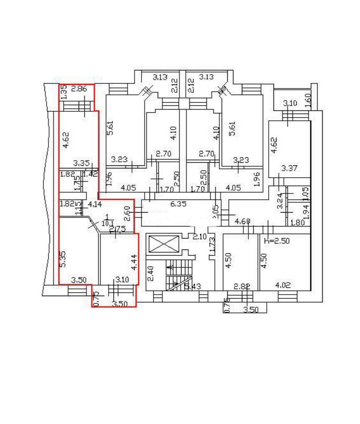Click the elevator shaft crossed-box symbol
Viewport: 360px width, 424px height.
(164, 244)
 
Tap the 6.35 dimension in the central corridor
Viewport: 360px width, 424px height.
(178, 203)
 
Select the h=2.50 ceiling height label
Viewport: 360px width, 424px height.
(277, 241)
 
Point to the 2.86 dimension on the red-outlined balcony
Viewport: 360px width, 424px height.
(79, 89)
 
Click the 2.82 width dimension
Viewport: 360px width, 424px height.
(241, 286)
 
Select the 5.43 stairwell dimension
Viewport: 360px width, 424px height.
(192, 286)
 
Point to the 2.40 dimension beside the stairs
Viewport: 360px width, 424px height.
(150, 274)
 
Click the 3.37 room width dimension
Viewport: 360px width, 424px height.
(289, 168)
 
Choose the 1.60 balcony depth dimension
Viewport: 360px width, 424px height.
(309, 100)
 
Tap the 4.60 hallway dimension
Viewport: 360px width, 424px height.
(242, 221)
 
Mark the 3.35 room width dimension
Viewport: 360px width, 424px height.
(81, 163)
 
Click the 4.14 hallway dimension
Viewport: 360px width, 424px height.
(95, 204)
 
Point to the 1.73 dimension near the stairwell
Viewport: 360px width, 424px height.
(212, 246)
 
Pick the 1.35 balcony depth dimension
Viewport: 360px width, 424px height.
(63, 92)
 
